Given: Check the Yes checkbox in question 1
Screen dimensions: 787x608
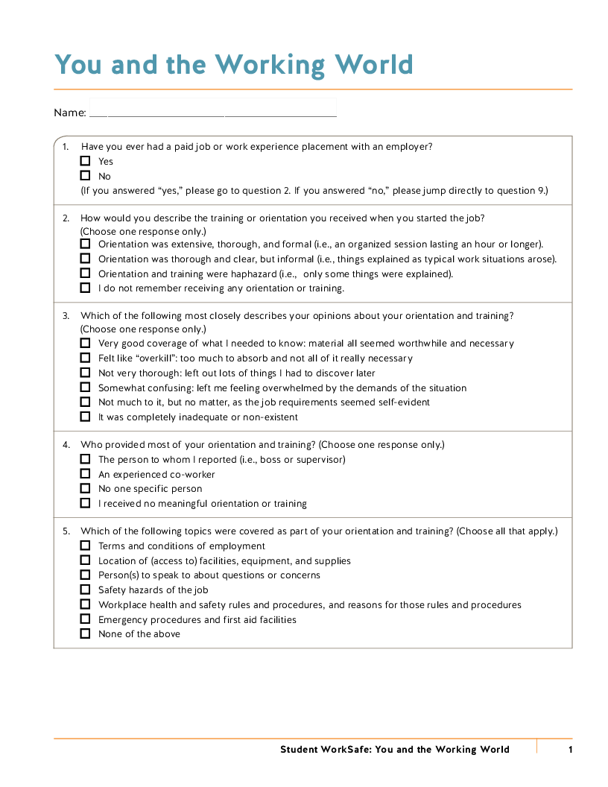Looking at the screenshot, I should pyautogui.click(x=85, y=161).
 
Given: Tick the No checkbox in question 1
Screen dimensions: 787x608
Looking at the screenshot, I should pyautogui.click(x=85, y=176).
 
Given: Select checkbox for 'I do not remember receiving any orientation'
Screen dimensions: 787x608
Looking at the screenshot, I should pyautogui.click(x=85, y=288).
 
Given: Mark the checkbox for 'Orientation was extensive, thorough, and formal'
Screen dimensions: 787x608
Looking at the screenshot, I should pyautogui.click(x=85, y=244).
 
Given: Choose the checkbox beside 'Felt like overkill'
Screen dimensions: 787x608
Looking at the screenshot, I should pyautogui.click(x=85, y=358).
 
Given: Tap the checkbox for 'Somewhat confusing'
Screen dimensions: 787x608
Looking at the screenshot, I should pyautogui.click(x=85, y=388).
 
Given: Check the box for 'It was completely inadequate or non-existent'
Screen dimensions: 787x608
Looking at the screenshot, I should pyautogui.click(x=85, y=417).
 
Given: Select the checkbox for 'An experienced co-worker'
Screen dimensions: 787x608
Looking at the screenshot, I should pyautogui.click(x=85, y=474).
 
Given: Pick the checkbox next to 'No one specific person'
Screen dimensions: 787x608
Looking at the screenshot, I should pyautogui.click(x=85, y=489).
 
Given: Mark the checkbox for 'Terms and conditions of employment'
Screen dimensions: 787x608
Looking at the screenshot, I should pyautogui.click(x=85, y=546).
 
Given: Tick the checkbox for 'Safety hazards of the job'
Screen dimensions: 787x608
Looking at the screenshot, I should pyautogui.click(x=85, y=590).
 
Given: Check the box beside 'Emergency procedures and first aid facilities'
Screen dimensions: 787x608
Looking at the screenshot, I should pyautogui.click(x=85, y=619).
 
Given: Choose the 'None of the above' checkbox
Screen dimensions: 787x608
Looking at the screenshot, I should pyautogui.click(x=85, y=633).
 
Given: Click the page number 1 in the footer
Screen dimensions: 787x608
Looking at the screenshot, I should pyautogui.click(x=570, y=750).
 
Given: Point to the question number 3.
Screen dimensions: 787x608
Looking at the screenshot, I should pyautogui.click(x=66, y=316).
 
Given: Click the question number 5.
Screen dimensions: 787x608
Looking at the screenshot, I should pyautogui.click(x=66, y=531).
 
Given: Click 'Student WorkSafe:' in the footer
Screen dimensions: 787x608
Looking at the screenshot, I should pyautogui.click(x=324, y=750).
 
